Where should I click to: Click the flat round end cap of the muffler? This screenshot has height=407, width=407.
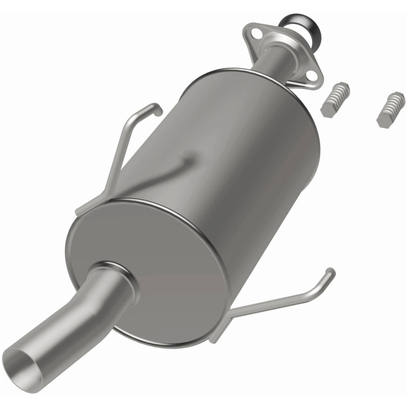(153, 254)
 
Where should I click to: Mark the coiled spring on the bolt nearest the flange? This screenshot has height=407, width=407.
(337, 95)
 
